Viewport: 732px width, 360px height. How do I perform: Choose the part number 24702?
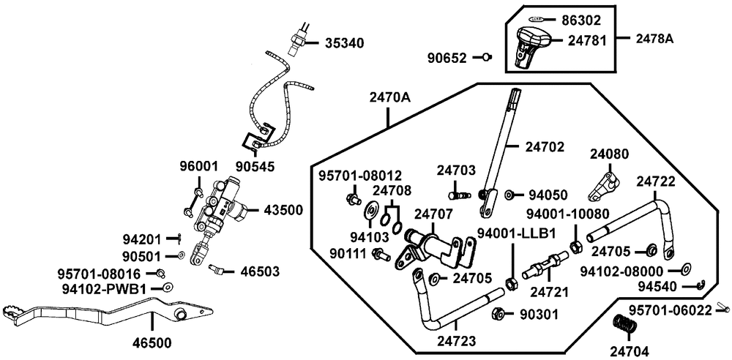545,146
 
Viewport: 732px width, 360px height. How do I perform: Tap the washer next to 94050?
509,195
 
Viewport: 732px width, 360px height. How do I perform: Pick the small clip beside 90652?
485,56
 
